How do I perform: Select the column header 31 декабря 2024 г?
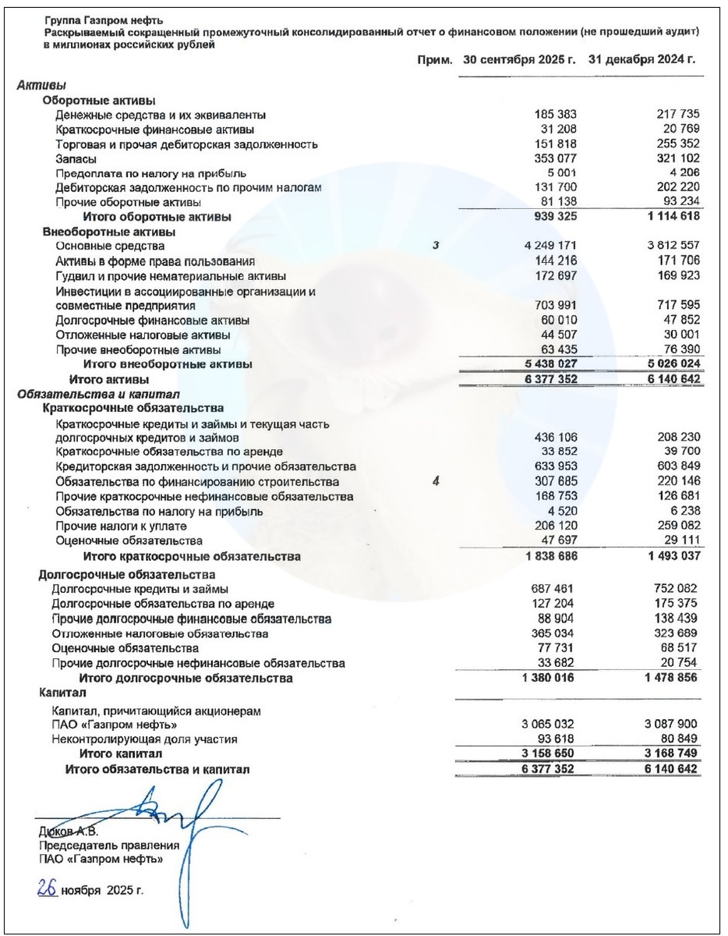pyautogui.click(x=641, y=59)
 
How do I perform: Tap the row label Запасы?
pyautogui.click(x=76, y=158)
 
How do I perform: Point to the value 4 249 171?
pyautogui.click(x=550, y=246)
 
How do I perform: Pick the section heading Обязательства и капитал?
pyautogui.click(x=98, y=394)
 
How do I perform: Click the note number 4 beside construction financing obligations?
pyautogui.click(x=436, y=482)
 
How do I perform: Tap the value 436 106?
pyautogui.click(x=557, y=438)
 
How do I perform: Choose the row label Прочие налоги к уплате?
pyautogui.click(x=110, y=526)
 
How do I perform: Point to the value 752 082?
pyautogui.click(x=677, y=589)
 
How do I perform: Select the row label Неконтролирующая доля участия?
pyautogui.click(x=144, y=739)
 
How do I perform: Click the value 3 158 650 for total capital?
pyautogui.click(x=547, y=754)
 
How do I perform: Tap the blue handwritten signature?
pyautogui.click(x=179, y=819)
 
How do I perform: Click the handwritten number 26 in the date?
pyautogui.click(x=48, y=888)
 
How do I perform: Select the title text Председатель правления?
pyautogui.click(x=109, y=845)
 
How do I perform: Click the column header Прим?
pyautogui.click(x=435, y=59)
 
